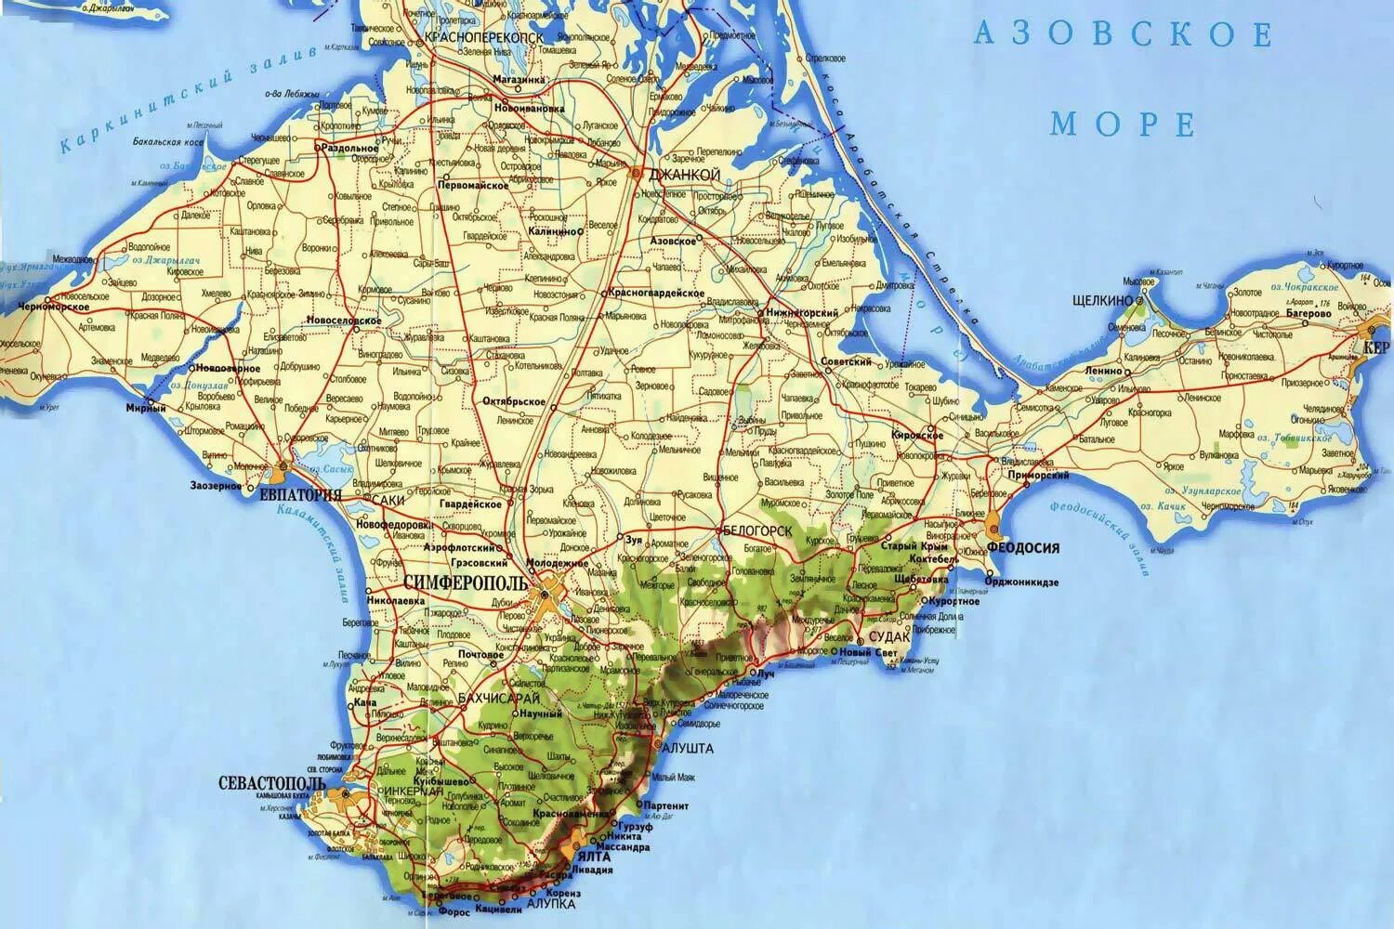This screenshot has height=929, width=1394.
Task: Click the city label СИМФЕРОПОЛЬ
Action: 463,582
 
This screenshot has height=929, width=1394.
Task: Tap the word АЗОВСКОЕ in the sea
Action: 1123,35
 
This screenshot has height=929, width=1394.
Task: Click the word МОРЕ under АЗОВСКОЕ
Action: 1124,123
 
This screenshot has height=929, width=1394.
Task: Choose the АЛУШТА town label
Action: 689,747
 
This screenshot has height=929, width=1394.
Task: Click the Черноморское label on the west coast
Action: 53,307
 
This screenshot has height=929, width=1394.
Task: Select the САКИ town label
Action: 386,499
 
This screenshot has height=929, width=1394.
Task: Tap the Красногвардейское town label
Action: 657,293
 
